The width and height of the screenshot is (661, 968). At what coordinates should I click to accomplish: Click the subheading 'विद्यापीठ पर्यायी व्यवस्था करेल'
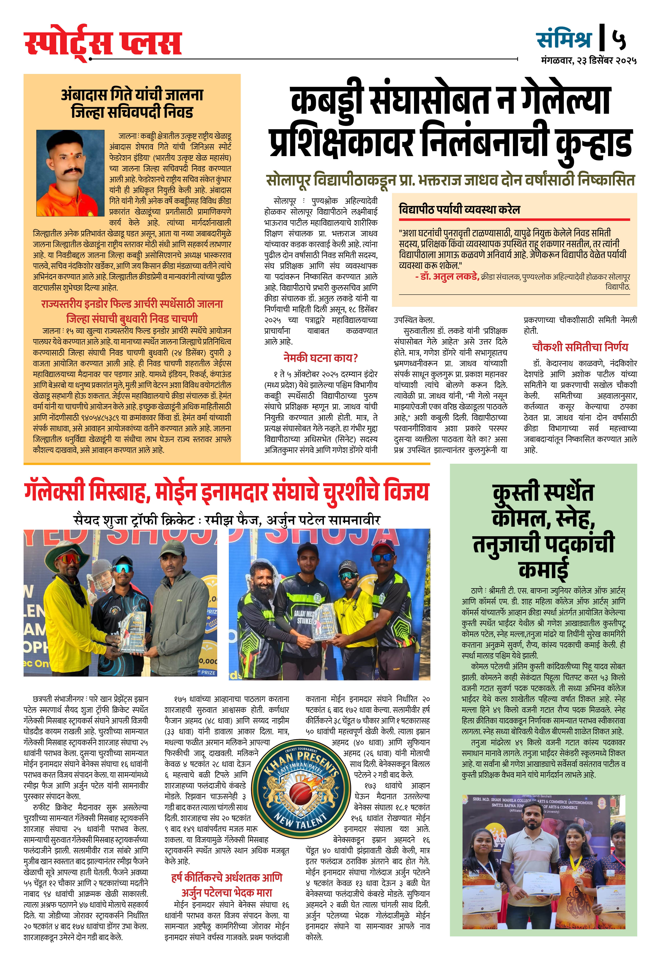tap(459, 209)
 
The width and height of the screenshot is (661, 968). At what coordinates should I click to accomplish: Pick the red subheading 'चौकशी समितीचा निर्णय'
tap(580, 347)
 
